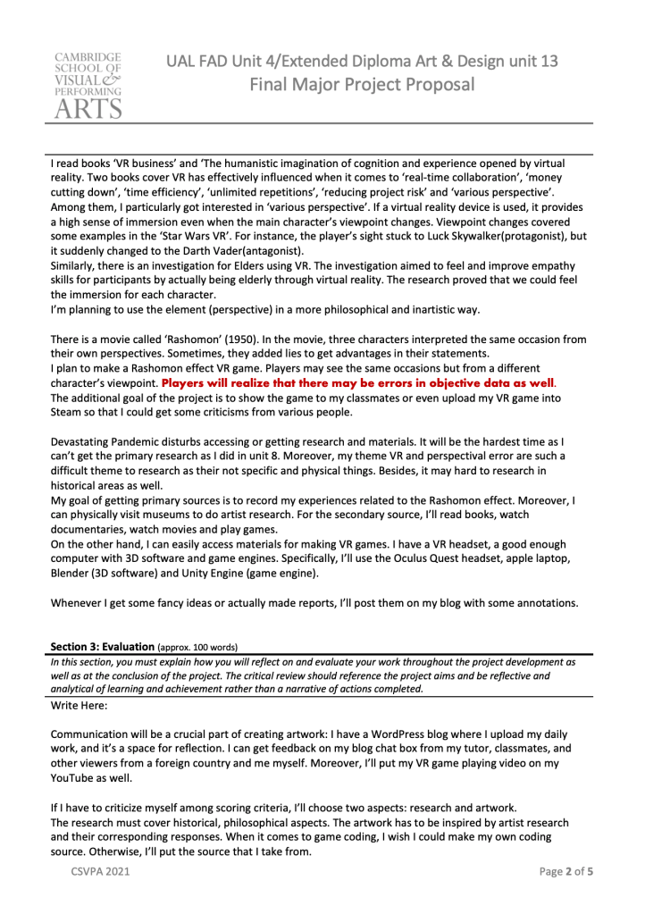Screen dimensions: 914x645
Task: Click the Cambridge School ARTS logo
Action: (x=86, y=86)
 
